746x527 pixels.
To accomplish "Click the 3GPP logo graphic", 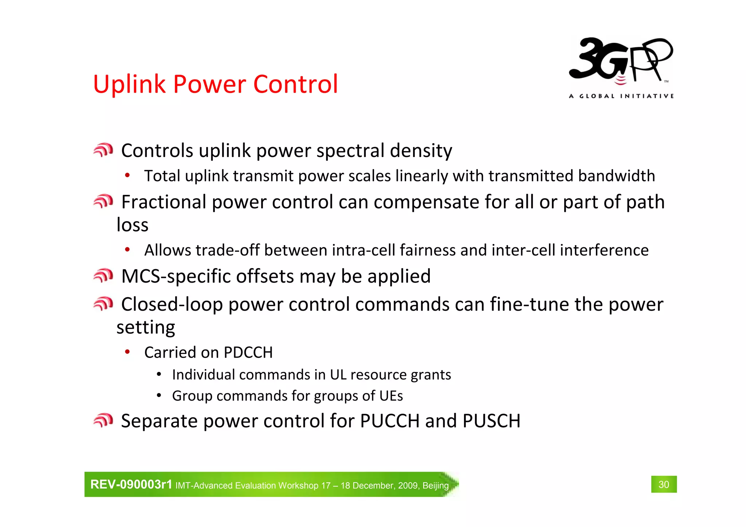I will coord(621,62).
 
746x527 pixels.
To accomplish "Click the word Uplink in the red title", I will coord(129,84).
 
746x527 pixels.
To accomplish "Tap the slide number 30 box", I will coord(664,484).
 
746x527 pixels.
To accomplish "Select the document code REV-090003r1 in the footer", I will coord(131,484).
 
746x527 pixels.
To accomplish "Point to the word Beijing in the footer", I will coord(435,485).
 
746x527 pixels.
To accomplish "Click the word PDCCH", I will coord(248,353).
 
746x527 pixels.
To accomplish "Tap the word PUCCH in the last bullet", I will coord(390,421).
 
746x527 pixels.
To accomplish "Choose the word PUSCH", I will coord(491,421).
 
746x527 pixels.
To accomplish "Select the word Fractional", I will coord(164,202).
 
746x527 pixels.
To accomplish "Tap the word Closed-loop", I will coord(172,304).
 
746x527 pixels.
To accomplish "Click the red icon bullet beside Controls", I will coord(103,150).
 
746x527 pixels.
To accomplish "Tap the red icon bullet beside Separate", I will coord(103,420).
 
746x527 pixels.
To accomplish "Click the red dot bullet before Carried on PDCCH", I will coord(127,352).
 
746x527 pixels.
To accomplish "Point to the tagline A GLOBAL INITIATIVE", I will coord(621,96).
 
